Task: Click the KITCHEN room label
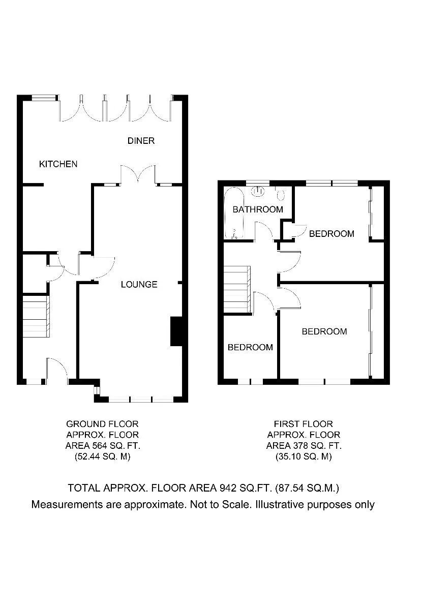(x=58, y=164)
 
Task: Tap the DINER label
(x=141, y=140)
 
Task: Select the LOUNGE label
(x=139, y=284)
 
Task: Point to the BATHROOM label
(x=258, y=209)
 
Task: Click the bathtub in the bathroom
(x=234, y=213)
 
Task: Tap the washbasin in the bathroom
(x=257, y=191)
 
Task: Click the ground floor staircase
(x=36, y=316)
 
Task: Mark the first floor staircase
(x=237, y=289)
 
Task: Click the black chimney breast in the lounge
(x=176, y=331)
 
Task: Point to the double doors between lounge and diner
(x=138, y=174)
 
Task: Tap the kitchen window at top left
(x=44, y=98)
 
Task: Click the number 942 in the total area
(x=228, y=487)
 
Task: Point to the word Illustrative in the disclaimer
(x=280, y=504)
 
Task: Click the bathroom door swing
(x=264, y=231)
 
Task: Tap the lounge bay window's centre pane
(x=140, y=400)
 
